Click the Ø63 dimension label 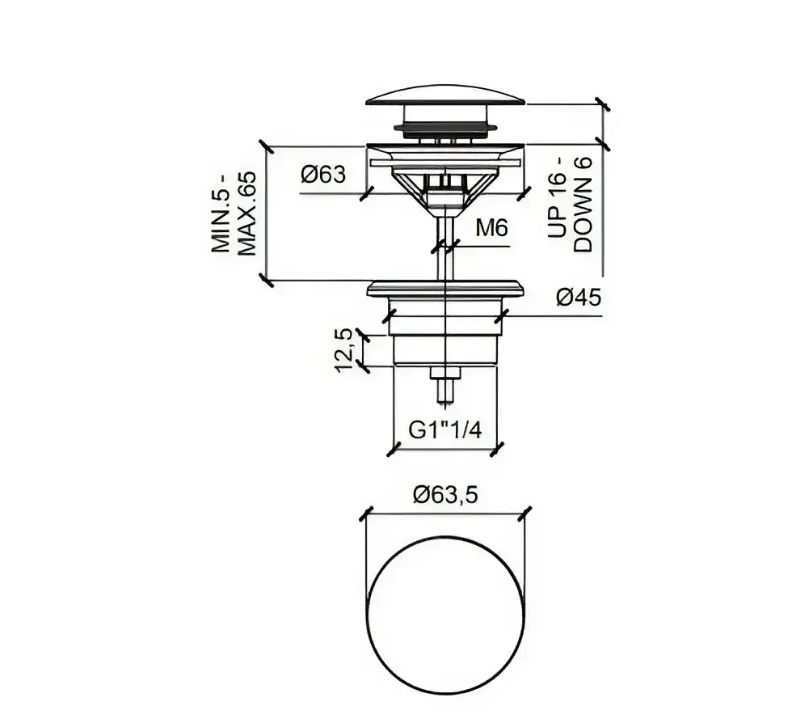coord(324,175)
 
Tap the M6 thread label coord(491,229)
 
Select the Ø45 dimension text coord(579,298)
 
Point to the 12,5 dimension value coord(343,349)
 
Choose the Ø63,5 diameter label coord(445,494)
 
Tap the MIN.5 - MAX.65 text coord(234,213)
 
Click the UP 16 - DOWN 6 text coord(570,205)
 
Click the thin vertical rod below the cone coord(445,247)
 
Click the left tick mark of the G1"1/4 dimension coord(394,449)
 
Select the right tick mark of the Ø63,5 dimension coord(525,514)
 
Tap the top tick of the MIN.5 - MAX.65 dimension coord(266,147)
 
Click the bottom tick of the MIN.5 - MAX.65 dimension coord(266,281)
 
